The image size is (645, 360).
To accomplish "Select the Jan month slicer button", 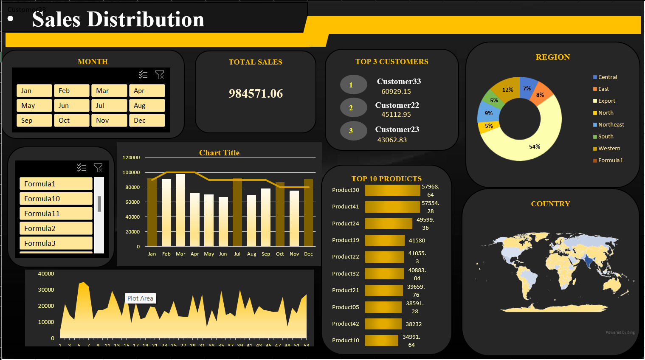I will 34,91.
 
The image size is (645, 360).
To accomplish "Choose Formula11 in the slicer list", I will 56,214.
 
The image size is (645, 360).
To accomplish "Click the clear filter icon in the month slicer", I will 160,75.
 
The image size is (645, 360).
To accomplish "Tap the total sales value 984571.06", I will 256,93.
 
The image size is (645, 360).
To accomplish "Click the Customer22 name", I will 397,105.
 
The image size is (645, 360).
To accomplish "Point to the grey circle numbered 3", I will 353,131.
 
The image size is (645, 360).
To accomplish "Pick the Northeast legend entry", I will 611,125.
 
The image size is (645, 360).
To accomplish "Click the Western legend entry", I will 609,149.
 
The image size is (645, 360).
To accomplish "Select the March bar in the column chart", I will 180,210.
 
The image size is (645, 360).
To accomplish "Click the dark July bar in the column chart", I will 237,212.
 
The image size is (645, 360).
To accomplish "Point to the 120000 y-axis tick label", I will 131,157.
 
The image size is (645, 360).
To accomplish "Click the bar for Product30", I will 392,190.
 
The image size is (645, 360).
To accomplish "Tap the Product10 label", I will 346,340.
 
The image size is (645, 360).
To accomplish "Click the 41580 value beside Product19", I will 417,241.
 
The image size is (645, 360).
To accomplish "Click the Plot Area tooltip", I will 141,298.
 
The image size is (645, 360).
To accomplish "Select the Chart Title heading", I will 219,153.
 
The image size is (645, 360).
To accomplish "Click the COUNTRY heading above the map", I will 550,204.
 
